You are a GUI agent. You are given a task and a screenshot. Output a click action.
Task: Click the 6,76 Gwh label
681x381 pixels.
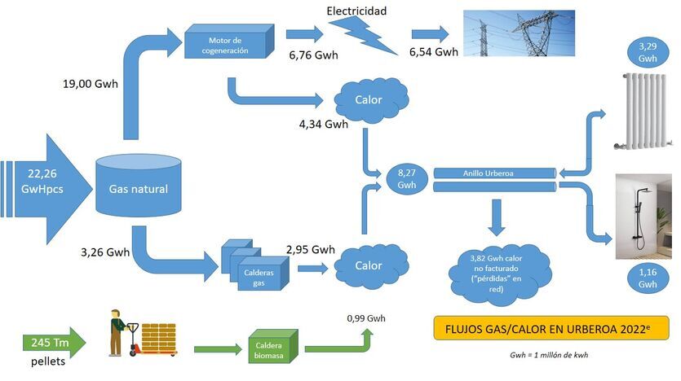pyautogui.click(x=313, y=55)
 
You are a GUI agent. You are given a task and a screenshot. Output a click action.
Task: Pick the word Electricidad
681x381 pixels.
pyautogui.click(x=356, y=11)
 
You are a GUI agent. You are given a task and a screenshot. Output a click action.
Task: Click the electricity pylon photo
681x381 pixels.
pyautogui.click(x=519, y=33)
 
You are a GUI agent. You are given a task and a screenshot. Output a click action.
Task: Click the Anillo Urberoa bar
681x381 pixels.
pyautogui.click(x=494, y=173)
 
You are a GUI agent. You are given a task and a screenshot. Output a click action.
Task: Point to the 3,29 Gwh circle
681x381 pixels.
pyautogui.click(x=648, y=53)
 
